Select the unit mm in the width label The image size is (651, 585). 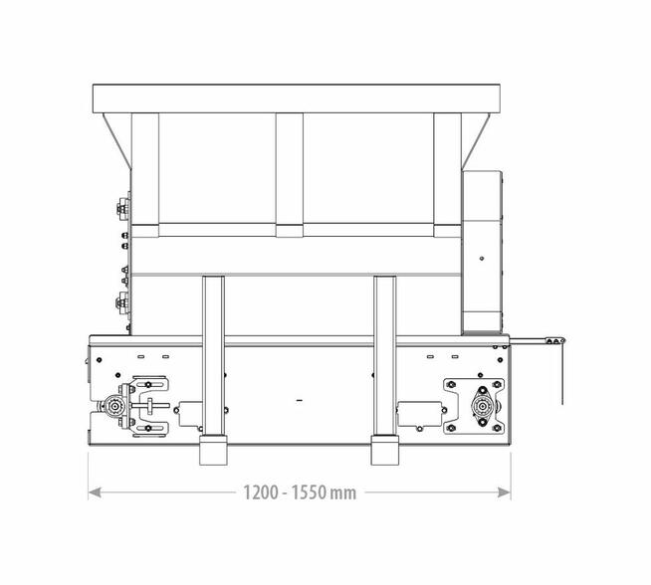[x=343, y=493]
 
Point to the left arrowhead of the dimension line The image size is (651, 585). [x=95, y=492]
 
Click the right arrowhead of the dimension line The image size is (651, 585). [x=504, y=492]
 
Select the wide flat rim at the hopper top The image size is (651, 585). [x=296, y=98]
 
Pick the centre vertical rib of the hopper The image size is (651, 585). [x=290, y=175]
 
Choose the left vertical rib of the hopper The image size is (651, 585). [x=145, y=175]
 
